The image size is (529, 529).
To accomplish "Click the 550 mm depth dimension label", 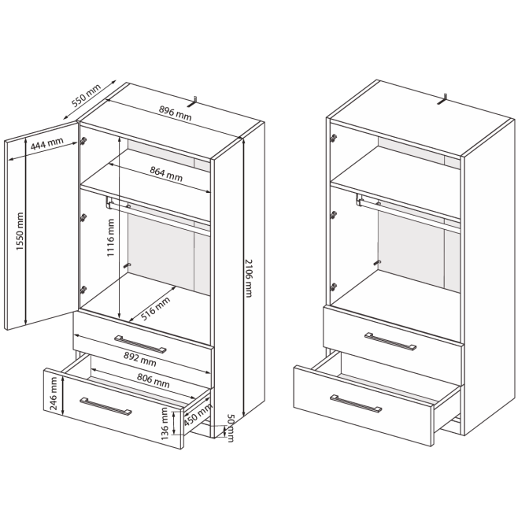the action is (x=87, y=95).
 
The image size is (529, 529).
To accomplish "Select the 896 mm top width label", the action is (x=175, y=113).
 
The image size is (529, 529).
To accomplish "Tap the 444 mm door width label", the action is (x=47, y=144).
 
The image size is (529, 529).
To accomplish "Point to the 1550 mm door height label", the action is (x=20, y=231).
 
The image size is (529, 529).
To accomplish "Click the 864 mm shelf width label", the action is (x=166, y=174).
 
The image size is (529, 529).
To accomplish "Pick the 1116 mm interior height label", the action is (x=111, y=238).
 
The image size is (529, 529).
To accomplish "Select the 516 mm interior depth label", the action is (x=155, y=309).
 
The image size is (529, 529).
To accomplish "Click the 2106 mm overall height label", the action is (x=248, y=278).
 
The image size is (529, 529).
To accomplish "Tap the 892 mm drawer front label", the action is (x=140, y=359).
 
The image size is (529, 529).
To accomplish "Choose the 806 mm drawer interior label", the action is (x=154, y=380).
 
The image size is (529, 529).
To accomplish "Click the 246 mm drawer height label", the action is (x=54, y=394).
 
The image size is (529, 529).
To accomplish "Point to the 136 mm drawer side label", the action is (x=165, y=424).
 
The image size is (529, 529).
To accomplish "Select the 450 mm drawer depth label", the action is (x=198, y=415).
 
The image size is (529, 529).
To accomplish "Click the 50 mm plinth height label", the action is (x=231, y=427).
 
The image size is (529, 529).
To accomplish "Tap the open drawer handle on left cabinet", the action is (x=105, y=406).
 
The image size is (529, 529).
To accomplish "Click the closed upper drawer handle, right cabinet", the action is (x=390, y=341).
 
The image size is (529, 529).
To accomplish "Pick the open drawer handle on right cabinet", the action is (x=356, y=404).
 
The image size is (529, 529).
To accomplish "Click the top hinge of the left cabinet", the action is (x=83, y=141).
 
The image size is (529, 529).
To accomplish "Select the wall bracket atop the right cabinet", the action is (x=442, y=99).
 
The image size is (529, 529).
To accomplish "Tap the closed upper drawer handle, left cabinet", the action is (x=140, y=344).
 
